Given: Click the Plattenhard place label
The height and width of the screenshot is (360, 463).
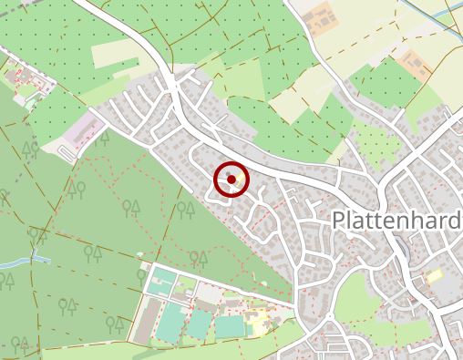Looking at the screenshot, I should [x=396, y=221].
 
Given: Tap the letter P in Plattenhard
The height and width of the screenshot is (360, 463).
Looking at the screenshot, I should [x=339, y=221].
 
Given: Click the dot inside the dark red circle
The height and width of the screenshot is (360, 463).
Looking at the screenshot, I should [x=231, y=179].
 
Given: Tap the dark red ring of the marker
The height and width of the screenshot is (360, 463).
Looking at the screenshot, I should [x=216, y=179].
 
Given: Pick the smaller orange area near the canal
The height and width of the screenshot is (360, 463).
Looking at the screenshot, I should [x=417, y=65].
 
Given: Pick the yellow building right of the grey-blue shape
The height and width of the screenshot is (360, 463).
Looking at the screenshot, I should [x=435, y=274].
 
